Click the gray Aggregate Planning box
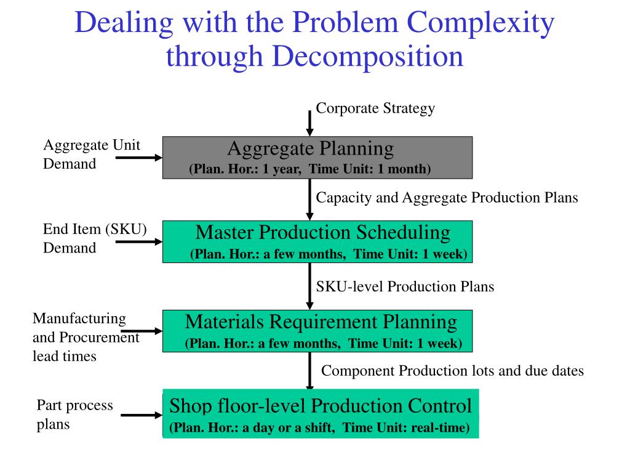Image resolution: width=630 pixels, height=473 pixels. (317, 158)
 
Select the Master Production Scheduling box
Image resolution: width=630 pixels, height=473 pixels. (317, 241)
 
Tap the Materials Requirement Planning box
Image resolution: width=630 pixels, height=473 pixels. (317, 331)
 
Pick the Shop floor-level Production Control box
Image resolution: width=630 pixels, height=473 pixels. (320, 413)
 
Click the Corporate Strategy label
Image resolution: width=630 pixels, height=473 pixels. (375, 108)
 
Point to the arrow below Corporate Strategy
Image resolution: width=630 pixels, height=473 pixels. (310, 123)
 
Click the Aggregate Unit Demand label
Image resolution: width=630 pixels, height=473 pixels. (91, 154)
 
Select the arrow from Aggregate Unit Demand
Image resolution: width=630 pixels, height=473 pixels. (138, 158)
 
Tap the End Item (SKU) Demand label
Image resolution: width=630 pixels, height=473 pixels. (94, 238)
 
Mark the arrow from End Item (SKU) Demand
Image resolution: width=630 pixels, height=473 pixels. (138, 241)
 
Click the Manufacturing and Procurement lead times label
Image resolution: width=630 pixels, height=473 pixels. (86, 337)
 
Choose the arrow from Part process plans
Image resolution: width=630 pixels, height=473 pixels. (141, 415)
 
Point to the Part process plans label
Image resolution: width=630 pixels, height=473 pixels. (74, 414)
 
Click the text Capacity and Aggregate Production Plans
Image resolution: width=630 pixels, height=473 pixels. (447, 198)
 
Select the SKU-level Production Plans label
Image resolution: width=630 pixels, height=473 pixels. (405, 286)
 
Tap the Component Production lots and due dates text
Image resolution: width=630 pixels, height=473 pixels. (452, 371)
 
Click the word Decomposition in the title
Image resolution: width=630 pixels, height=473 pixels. (367, 57)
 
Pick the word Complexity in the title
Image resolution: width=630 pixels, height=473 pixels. (482, 23)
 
